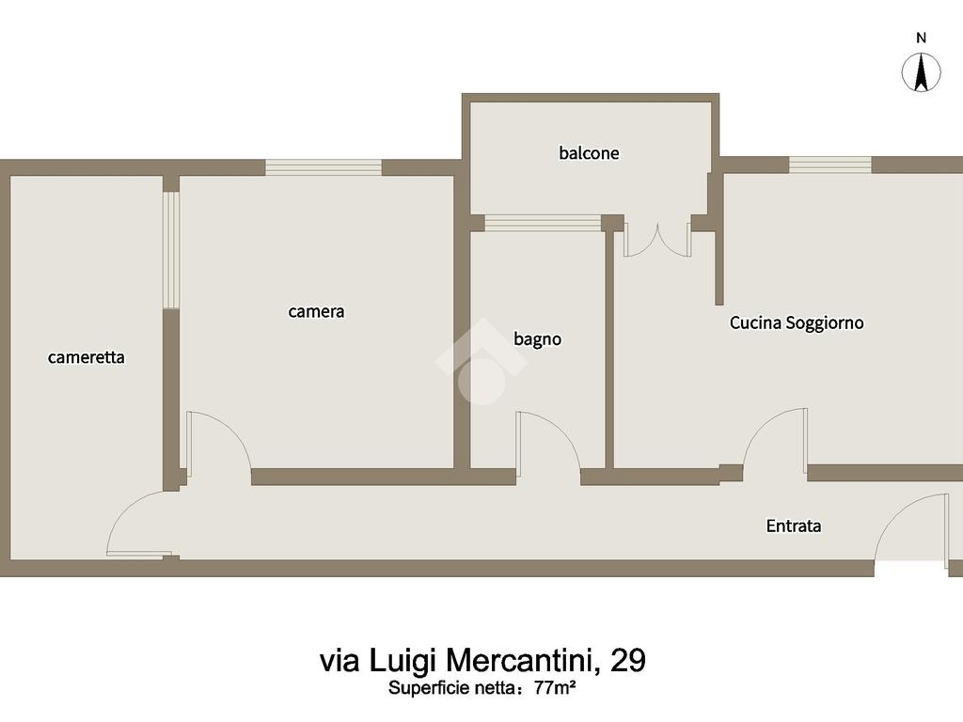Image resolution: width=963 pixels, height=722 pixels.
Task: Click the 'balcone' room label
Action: pos(589,153)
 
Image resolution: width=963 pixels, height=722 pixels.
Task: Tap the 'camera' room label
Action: pos(316,311)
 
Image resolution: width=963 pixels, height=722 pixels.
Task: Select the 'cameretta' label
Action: pos(86,357)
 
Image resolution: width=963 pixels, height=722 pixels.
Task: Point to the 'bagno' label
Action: pos(537,338)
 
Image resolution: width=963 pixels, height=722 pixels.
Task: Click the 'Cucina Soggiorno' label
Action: pos(797,323)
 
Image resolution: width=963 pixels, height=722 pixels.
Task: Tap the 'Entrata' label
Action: pos(794,526)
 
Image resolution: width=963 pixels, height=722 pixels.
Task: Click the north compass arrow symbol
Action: pos(921,71)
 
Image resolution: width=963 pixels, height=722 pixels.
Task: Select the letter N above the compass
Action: pos(921,38)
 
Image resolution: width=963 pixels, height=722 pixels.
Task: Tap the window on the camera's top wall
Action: pos(324,167)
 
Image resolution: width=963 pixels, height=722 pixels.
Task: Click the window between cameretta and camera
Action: pos(171,250)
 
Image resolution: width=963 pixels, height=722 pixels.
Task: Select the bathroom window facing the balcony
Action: pos(543,223)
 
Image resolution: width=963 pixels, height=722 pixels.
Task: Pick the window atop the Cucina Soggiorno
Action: pos(829,165)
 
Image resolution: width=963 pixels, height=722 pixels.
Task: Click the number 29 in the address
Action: pos(627,661)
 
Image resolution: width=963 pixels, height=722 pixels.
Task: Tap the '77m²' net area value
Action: pos(555,688)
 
